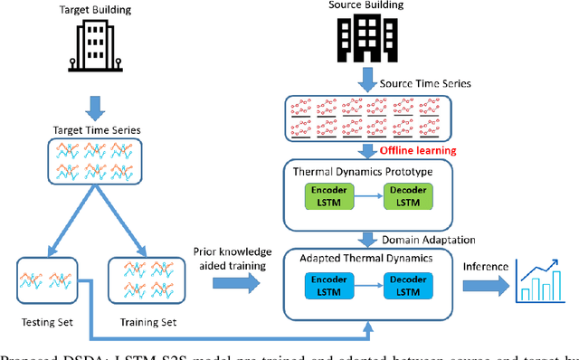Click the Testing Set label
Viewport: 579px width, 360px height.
coord(44,322)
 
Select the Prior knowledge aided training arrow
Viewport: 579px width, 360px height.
coord(236,283)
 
